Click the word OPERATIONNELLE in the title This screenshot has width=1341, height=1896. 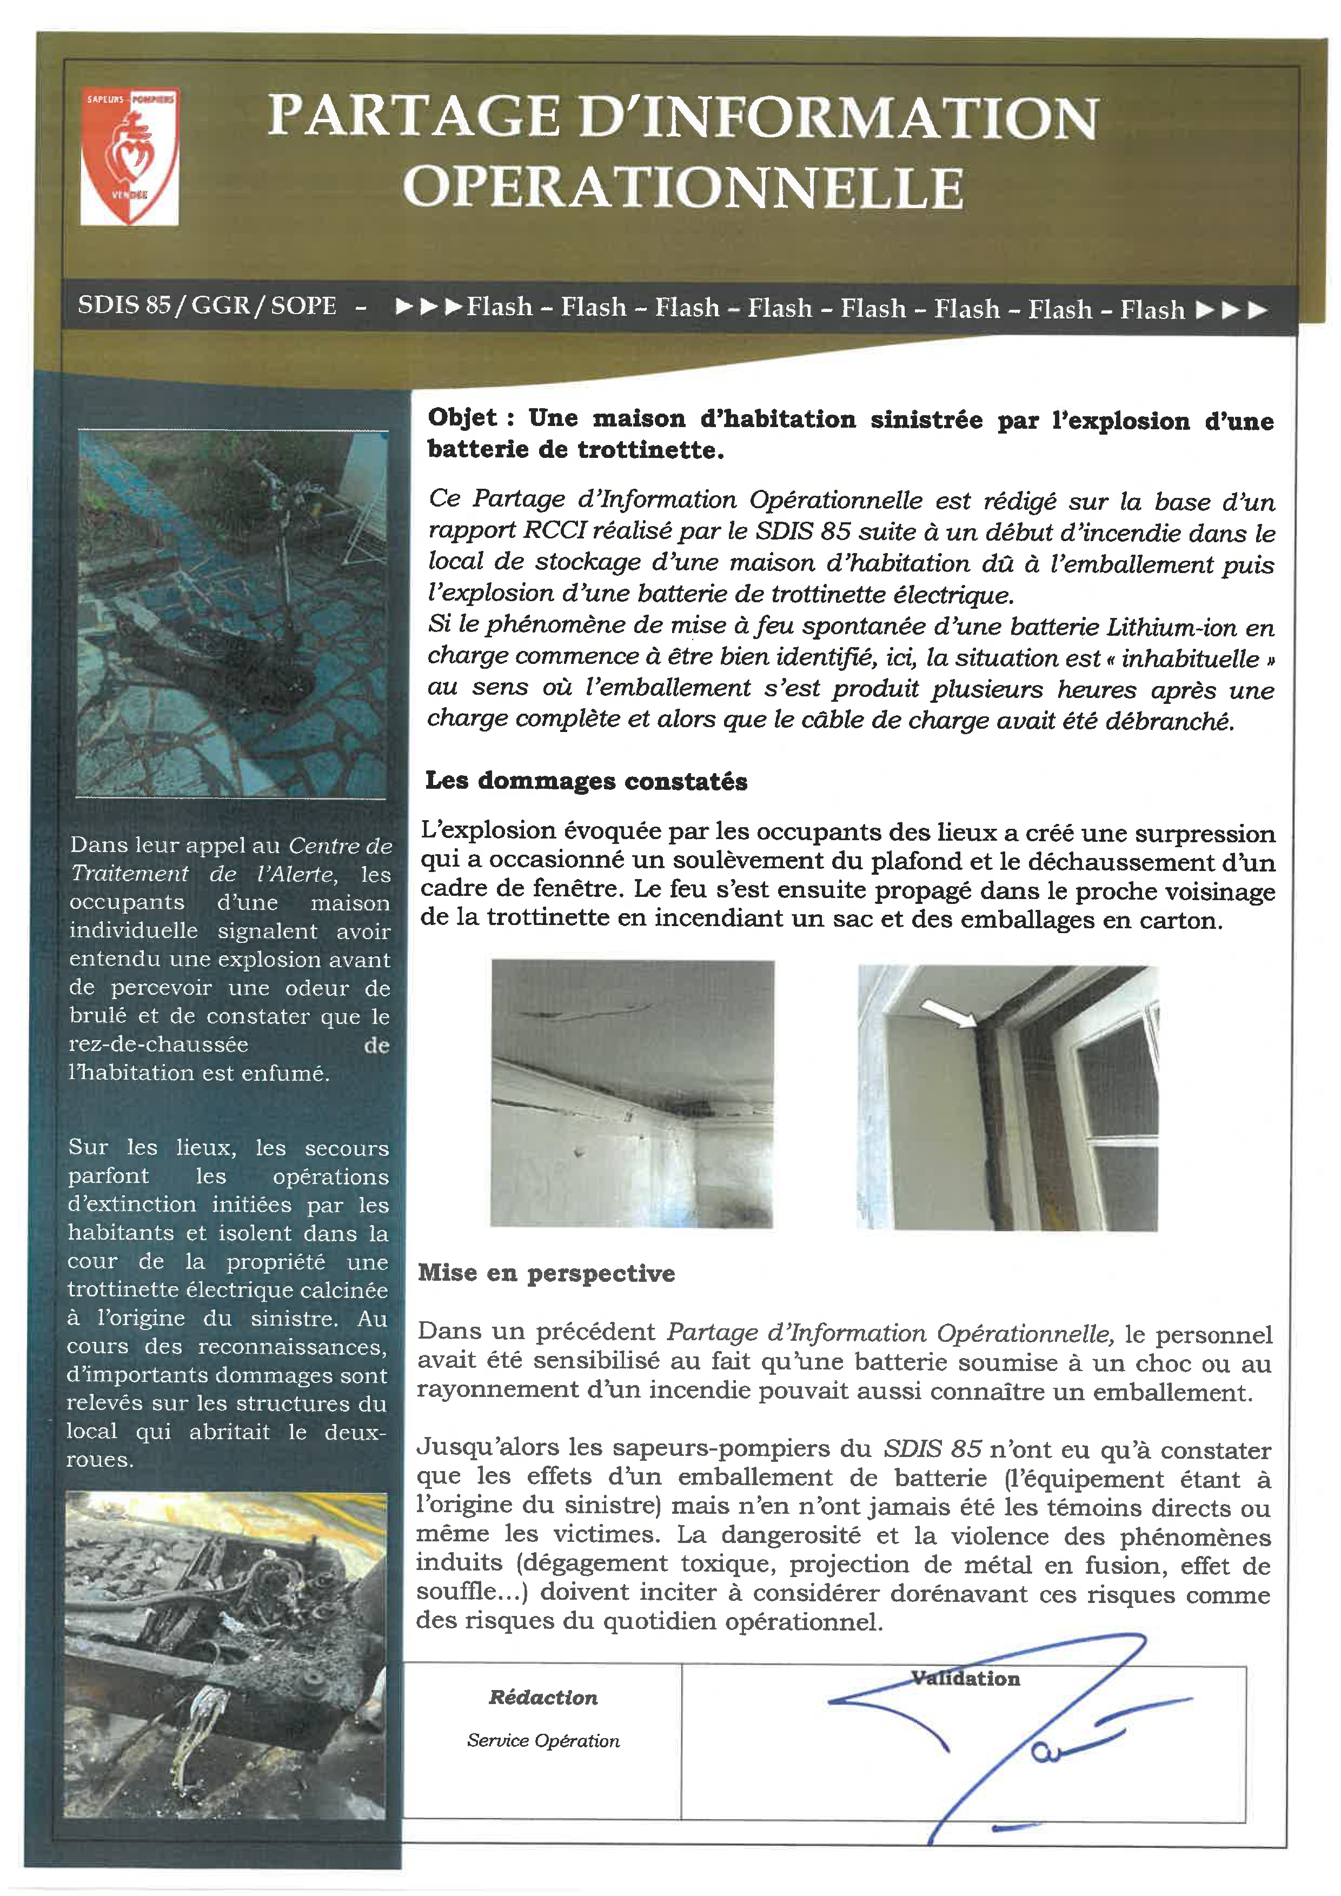coord(683,188)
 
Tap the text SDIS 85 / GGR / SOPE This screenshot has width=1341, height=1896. coord(207,305)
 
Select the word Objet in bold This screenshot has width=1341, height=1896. coord(462,418)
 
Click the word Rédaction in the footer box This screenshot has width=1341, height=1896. coord(542,1697)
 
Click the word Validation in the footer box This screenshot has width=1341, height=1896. coord(965,1678)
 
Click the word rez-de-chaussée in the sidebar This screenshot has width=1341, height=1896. coord(158,1045)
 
